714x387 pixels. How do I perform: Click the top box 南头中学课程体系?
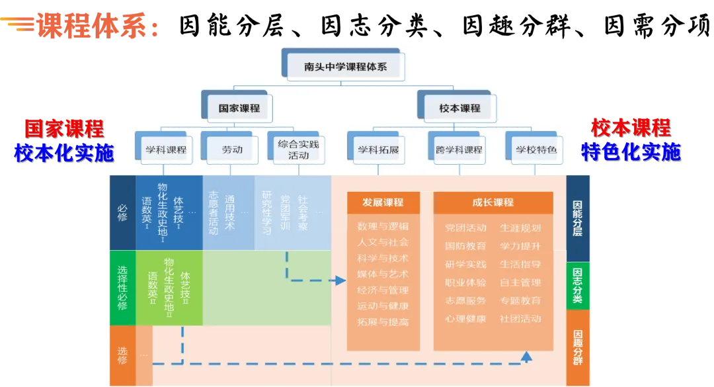click(345, 67)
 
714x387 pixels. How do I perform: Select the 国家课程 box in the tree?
click(239, 108)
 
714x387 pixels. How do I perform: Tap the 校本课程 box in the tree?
click(459, 108)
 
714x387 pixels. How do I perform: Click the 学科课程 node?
click(166, 150)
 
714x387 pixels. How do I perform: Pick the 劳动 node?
click(232, 150)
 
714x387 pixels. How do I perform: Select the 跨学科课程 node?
click(459, 150)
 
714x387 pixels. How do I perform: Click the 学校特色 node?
click(536, 150)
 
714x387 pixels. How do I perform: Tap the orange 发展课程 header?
click(383, 202)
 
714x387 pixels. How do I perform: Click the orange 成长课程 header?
click(493, 202)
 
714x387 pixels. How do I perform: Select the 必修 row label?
click(122, 212)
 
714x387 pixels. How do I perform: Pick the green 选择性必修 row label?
click(122, 288)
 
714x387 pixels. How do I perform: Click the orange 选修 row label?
click(122, 355)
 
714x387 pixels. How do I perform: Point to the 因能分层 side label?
click(577, 218)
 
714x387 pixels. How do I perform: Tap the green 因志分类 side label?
click(577, 285)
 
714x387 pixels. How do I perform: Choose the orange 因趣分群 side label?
click(577, 347)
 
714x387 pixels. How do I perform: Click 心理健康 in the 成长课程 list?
click(465, 319)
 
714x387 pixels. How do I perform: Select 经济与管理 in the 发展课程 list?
click(383, 290)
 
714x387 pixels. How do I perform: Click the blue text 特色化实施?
click(631, 152)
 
